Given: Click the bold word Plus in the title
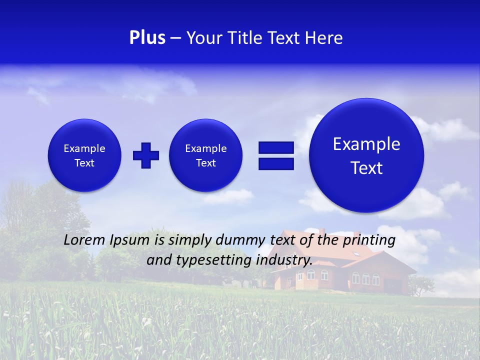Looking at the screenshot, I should tap(147, 38).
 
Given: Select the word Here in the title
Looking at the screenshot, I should tap(325, 38).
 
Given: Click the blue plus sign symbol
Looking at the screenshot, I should tap(146, 155).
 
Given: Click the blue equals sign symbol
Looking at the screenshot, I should tap(276, 155).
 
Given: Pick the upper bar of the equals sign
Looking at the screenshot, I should tap(276, 147).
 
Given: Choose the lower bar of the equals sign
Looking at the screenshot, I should tap(276, 163).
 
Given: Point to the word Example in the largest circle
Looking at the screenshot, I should tap(366, 144).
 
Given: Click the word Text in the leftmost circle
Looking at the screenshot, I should tap(84, 163).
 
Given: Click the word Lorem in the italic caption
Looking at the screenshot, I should tap(84, 240).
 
